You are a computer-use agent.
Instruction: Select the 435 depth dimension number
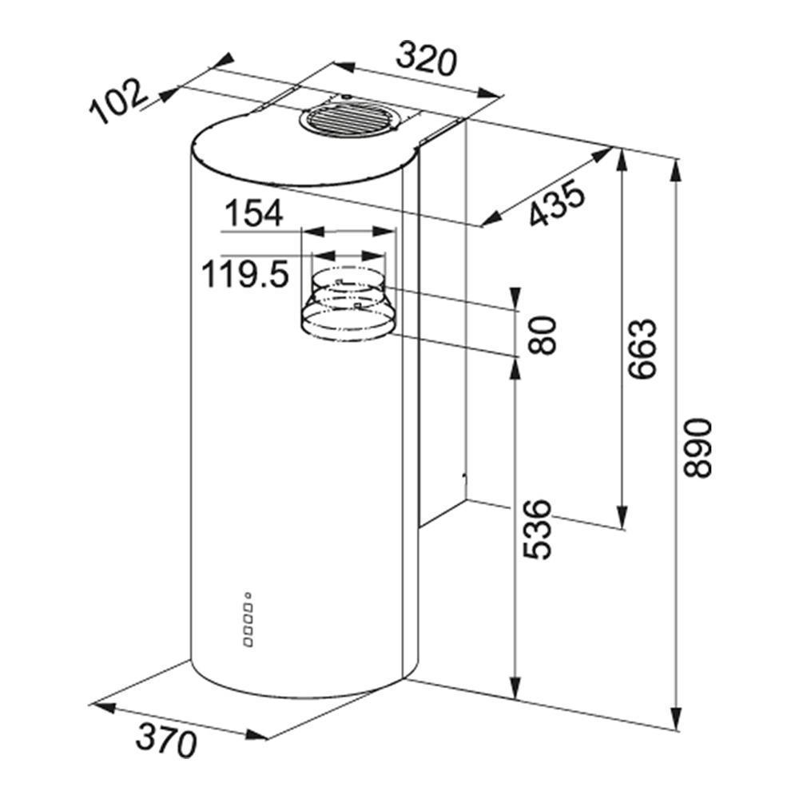click(x=556, y=203)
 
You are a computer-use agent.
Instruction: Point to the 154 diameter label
click(x=253, y=213)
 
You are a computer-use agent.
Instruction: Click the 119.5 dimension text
click(x=245, y=273)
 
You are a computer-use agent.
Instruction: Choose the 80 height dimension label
click(x=541, y=335)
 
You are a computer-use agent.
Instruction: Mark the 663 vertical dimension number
click(x=642, y=349)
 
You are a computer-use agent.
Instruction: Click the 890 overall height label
click(x=697, y=448)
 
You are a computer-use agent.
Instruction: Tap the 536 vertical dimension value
click(x=538, y=530)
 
